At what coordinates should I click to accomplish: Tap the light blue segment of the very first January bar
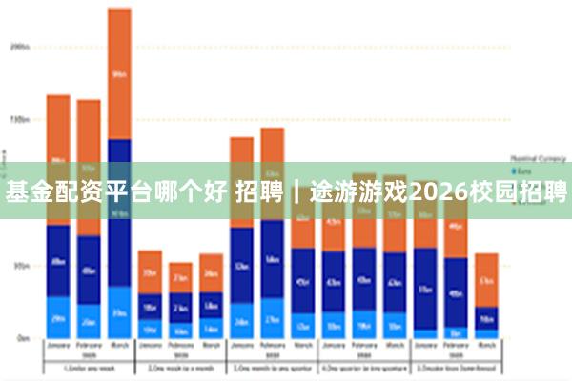(58, 317)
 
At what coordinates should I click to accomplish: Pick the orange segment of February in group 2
(180, 277)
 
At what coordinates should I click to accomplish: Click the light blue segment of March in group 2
(211, 328)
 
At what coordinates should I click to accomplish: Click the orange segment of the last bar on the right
(486, 279)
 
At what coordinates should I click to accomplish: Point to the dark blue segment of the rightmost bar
(486, 317)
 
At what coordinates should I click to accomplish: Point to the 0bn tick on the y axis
(21, 338)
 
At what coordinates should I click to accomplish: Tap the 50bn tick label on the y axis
(20, 266)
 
